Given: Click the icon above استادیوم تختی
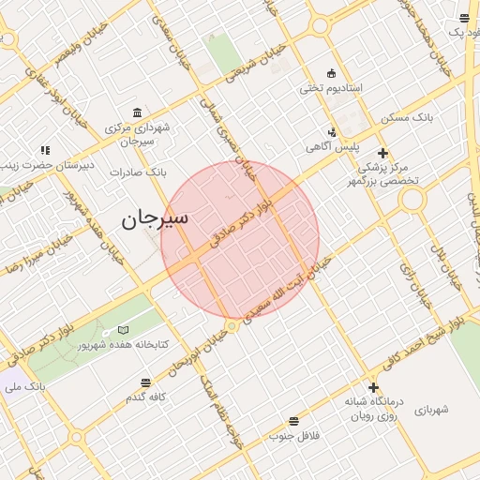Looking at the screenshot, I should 330,73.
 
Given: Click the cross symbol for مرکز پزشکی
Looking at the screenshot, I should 382,153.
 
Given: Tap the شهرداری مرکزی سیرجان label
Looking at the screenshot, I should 138,134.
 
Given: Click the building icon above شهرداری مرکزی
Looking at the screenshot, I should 138,112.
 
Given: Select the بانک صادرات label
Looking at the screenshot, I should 137,172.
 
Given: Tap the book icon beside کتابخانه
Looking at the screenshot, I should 123,329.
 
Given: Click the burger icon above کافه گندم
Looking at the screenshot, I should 145,382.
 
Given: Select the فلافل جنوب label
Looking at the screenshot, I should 294,436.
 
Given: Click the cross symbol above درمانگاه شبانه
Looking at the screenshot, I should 373,387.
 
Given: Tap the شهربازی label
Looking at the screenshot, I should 431,409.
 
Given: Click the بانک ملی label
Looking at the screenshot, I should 24,386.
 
